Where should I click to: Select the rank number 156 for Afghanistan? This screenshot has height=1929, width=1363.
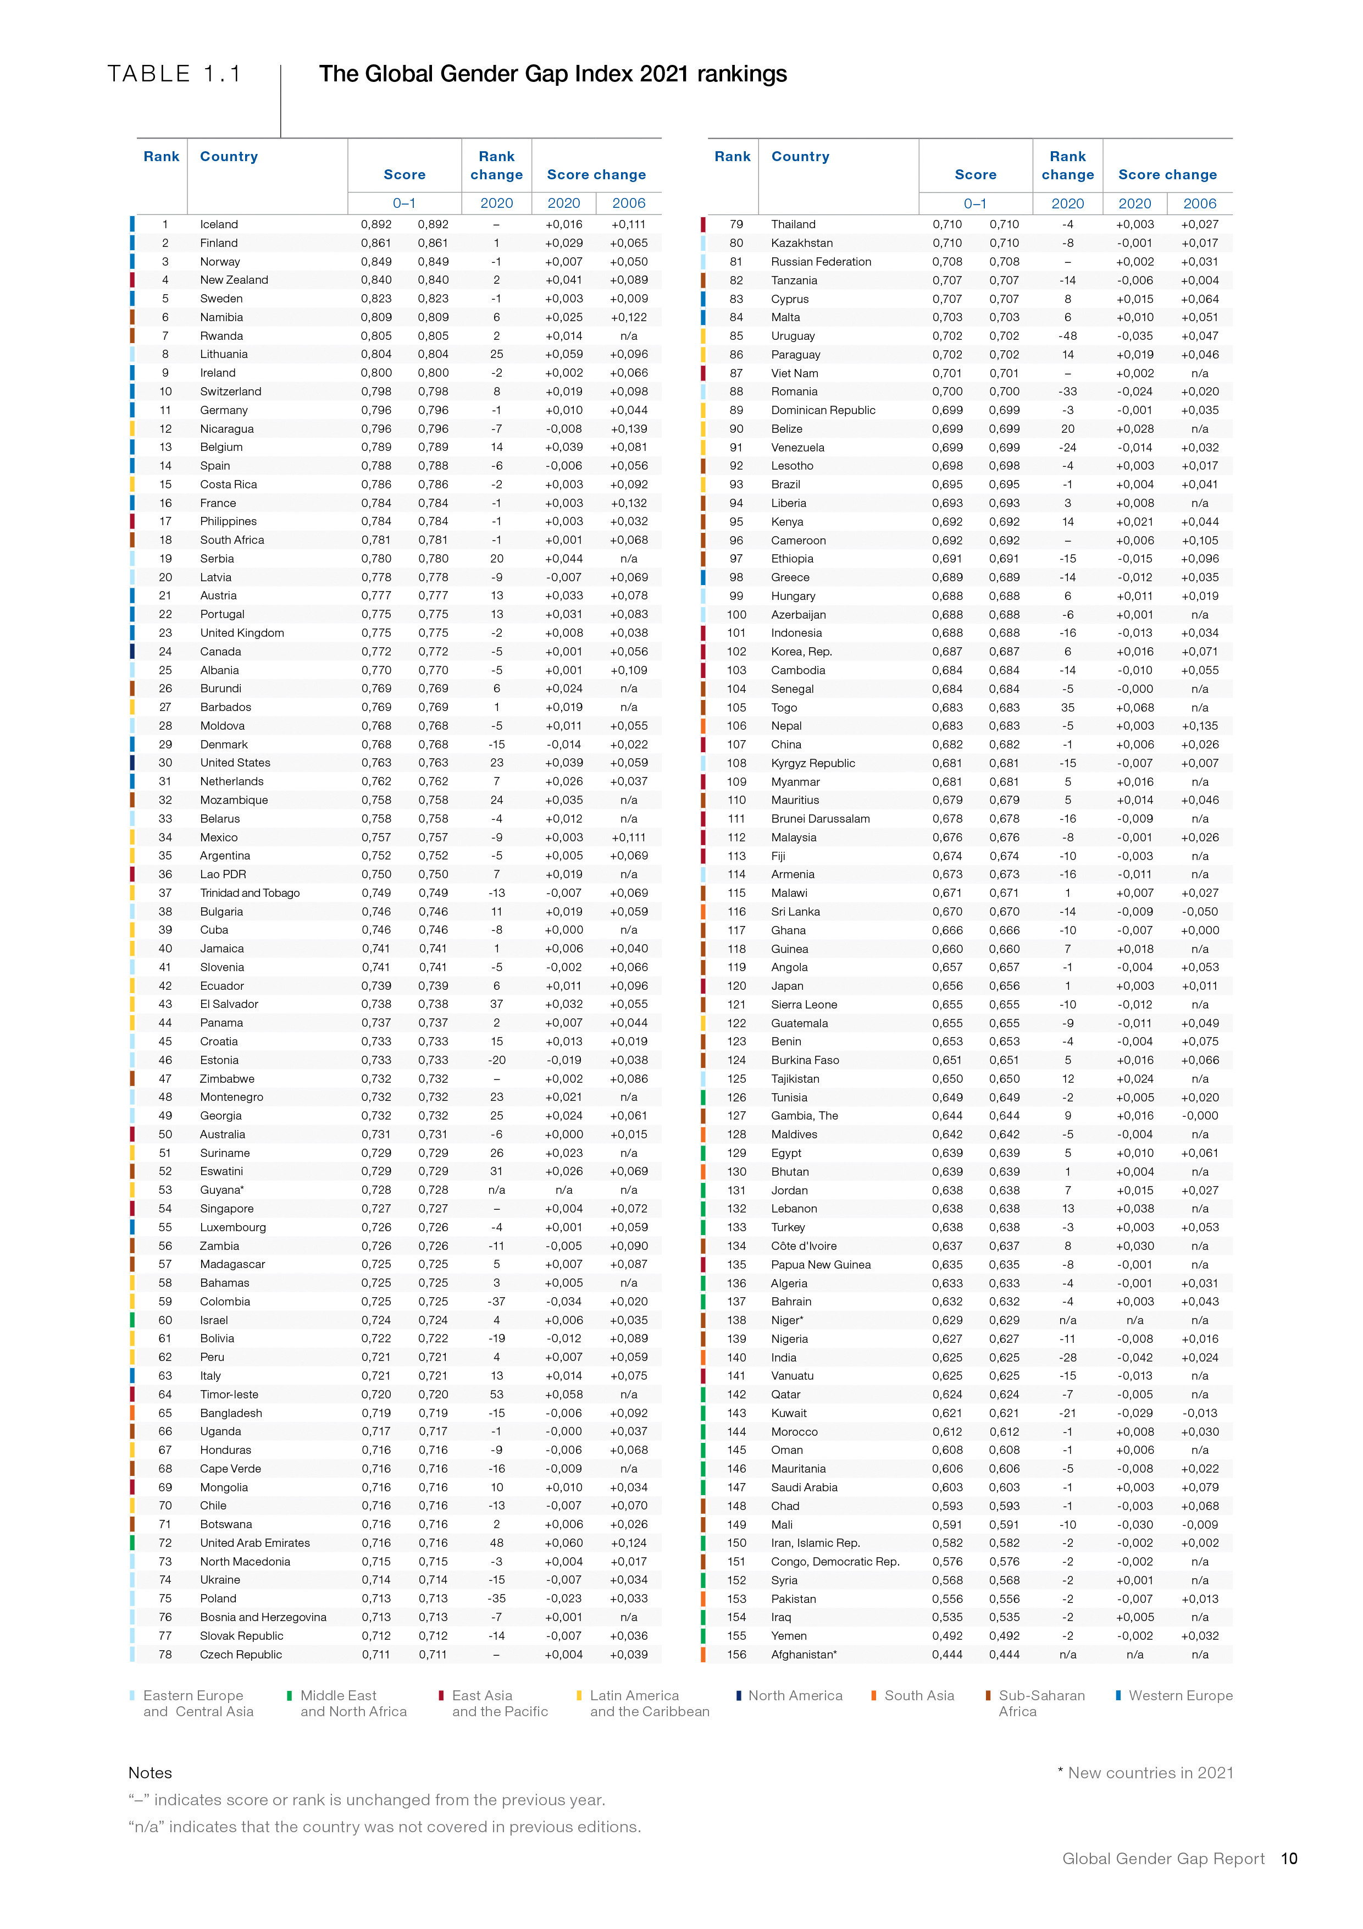tap(736, 1654)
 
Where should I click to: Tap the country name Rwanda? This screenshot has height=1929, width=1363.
tap(221, 336)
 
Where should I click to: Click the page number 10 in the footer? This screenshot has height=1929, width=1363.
tap(1289, 1859)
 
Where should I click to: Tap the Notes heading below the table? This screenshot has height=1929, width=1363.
tap(151, 1773)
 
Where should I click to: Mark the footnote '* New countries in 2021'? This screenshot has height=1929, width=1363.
tap(1145, 1773)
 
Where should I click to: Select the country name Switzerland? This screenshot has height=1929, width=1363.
tap(230, 392)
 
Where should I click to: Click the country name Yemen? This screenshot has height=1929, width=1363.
tap(789, 1636)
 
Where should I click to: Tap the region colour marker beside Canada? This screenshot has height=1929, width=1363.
tap(132, 651)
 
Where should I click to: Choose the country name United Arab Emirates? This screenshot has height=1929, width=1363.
tap(254, 1542)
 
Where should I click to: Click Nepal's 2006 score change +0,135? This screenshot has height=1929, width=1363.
tap(1199, 726)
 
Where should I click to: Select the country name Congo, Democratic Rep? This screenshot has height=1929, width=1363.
tap(835, 1561)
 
